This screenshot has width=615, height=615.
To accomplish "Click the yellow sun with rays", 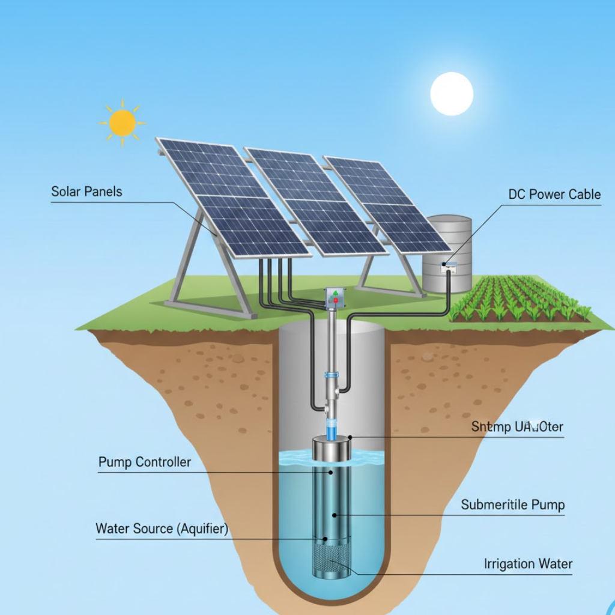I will [123, 123].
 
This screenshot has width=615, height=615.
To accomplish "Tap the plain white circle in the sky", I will [452, 94].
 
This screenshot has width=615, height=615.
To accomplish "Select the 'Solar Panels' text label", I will [86, 192].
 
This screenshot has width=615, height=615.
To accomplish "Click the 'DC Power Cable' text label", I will [554, 195].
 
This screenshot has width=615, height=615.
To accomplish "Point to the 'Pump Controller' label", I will [145, 462].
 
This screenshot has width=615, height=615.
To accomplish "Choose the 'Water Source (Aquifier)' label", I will [162, 530].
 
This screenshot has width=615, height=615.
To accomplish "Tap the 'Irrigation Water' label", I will [528, 564].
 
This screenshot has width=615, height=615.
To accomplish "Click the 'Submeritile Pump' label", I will [513, 504].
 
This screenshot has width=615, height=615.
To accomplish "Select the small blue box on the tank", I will [449, 265].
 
